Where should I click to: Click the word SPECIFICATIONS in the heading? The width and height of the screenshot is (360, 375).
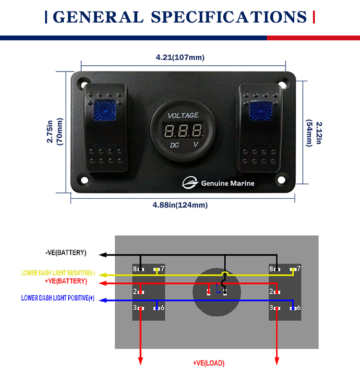click(229, 17)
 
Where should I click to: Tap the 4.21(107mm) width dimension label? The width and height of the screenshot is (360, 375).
click(180, 58)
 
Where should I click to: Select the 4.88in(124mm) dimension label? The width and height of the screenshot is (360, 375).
click(180, 205)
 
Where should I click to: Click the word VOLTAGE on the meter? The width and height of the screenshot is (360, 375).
click(183, 115)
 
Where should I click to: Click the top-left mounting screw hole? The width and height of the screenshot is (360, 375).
click(84, 82)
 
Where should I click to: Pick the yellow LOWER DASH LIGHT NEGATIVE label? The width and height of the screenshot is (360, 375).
click(58, 273)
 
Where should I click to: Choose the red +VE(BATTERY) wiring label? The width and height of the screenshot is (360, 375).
click(66, 281)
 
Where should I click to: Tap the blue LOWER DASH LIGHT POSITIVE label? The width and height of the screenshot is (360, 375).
click(58, 298)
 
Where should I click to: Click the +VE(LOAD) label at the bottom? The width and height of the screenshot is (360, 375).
click(208, 363)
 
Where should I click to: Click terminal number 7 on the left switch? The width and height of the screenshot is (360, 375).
click(162, 269)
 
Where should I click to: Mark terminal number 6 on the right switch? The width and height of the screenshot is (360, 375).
click(298, 308)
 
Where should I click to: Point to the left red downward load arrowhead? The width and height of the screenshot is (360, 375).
click(140, 361)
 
